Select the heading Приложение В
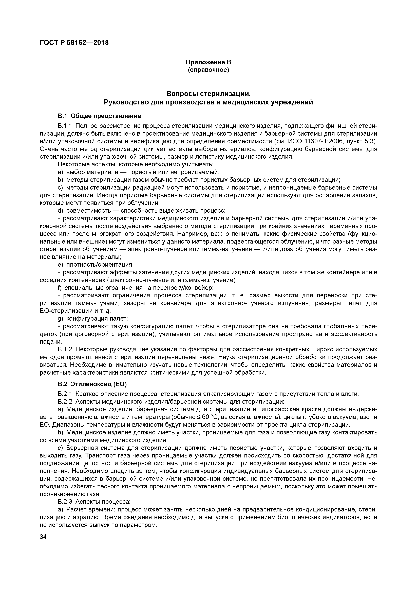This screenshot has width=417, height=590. [x=208, y=62]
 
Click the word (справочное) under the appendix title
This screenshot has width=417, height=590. [x=208, y=70]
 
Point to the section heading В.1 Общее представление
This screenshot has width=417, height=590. [x=99, y=116]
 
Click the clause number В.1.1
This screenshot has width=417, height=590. [x=66, y=126]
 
